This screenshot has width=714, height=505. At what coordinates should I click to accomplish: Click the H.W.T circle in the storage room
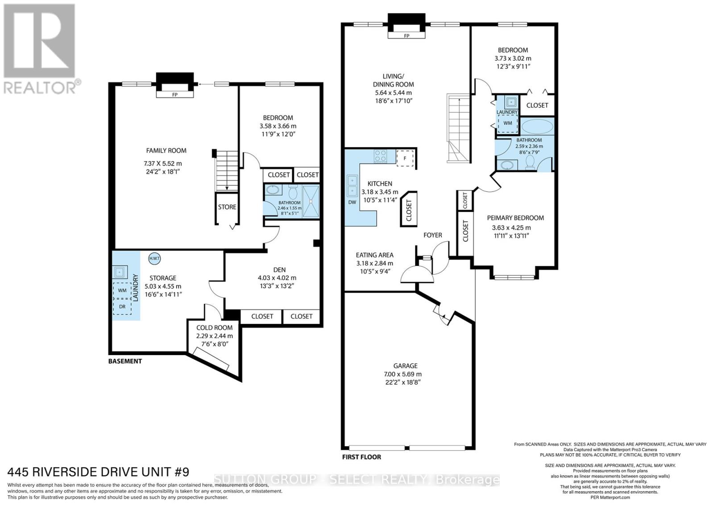pos(154,258)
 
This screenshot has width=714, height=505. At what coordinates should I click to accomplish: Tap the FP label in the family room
pos(175,95)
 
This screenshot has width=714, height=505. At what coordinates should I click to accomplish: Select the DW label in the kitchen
pos(352,202)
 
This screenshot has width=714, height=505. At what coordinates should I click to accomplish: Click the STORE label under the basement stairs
pos(227,207)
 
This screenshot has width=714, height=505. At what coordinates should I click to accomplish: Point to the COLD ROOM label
pos(214,327)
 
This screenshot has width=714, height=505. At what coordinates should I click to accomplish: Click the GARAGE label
pos(405,365)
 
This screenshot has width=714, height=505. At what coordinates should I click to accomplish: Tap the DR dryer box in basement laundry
pos(122,306)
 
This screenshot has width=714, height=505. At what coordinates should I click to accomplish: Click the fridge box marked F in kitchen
pos(405,157)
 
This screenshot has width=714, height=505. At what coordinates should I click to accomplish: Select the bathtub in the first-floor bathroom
pos(537,126)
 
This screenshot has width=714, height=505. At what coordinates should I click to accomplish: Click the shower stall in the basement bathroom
pos(311,202)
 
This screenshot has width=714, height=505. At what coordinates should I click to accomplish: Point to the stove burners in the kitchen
pos(381,156)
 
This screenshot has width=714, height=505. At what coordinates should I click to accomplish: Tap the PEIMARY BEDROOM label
pos(515,218)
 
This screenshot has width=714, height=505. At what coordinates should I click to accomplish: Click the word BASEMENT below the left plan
pos(125,361)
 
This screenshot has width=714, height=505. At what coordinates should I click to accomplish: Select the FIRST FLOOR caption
pos(361,457)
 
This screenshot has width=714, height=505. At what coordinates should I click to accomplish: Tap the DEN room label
pos(279,269)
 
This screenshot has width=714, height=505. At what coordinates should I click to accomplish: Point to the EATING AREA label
pos(374,255)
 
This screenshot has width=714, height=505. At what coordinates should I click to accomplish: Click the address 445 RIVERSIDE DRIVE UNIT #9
pos(98,472)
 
